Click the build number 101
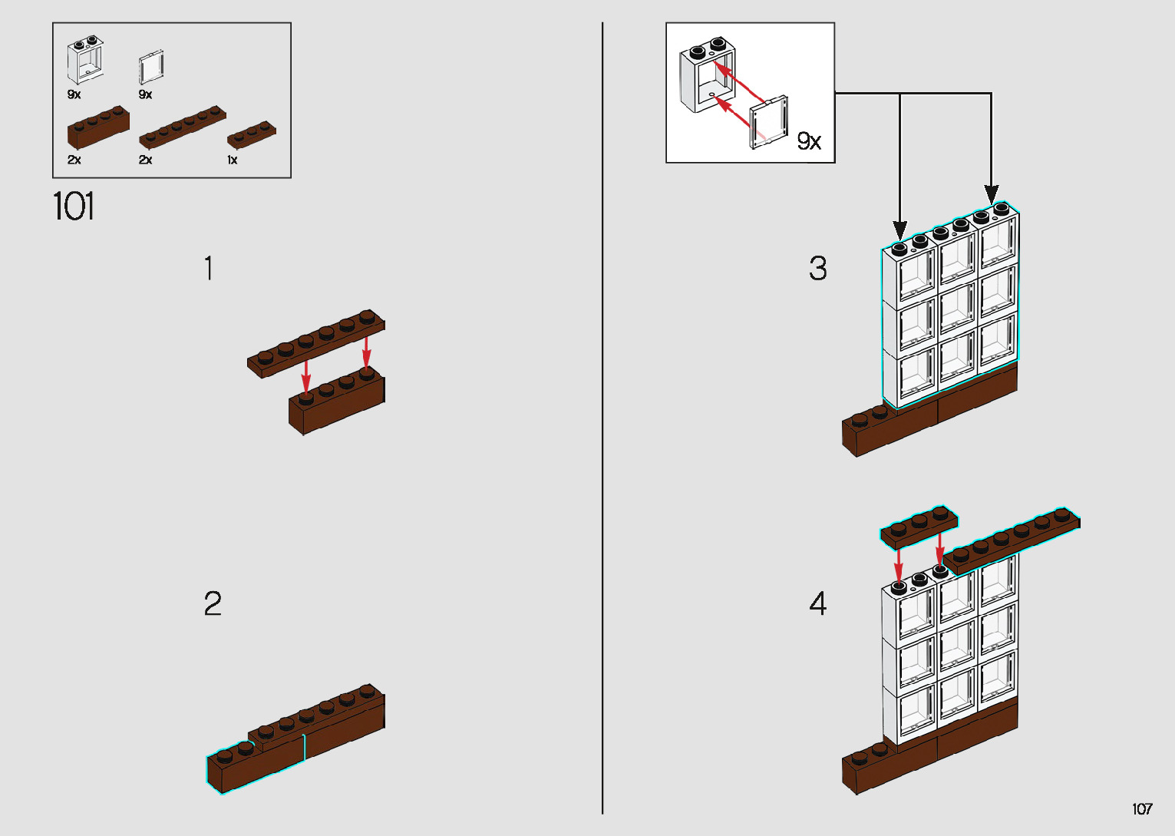click(x=74, y=207)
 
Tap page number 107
click(x=1142, y=808)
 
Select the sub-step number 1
click(x=209, y=269)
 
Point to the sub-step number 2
click(x=213, y=604)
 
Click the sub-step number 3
click(x=818, y=269)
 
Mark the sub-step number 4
click(x=818, y=604)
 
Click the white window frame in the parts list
click(x=85, y=62)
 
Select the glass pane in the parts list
click(x=151, y=67)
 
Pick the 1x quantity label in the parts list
click(x=232, y=160)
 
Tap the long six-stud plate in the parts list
click(x=183, y=127)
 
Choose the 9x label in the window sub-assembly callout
click(x=809, y=141)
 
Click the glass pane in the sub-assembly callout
click(x=769, y=122)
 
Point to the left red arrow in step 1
click(x=306, y=376)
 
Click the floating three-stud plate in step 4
click(x=919, y=527)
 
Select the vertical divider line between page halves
click(x=602, y=418)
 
